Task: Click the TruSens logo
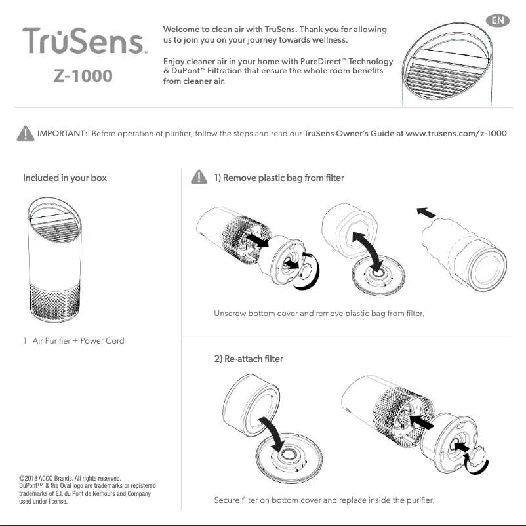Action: tap(84, 42)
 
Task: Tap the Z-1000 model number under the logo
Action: tap(83, 75)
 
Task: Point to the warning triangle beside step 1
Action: tap(197, 178)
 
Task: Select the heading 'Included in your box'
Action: tap(65, 178)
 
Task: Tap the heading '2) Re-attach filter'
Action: tap(245, 359)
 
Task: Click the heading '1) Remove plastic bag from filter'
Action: tap(279, 178)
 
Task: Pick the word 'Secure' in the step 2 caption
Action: tap(228, 501)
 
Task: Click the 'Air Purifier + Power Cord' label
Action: tap(78, 340)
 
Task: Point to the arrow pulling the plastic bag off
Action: tap(426, 213)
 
